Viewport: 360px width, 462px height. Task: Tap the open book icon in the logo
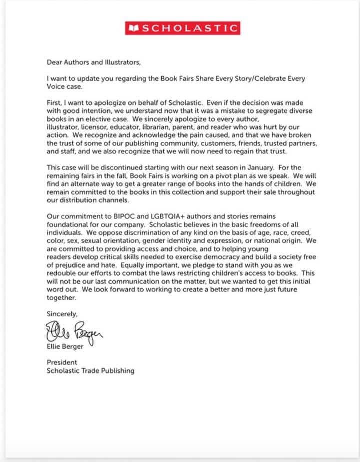tap(133, 28)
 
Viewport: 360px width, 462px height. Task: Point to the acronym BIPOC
tap(120, 216)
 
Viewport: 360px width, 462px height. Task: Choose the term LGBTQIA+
tap(158, 216)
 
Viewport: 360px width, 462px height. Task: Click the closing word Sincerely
tap(62, 314)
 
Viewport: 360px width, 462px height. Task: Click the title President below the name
tap(62, 362)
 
